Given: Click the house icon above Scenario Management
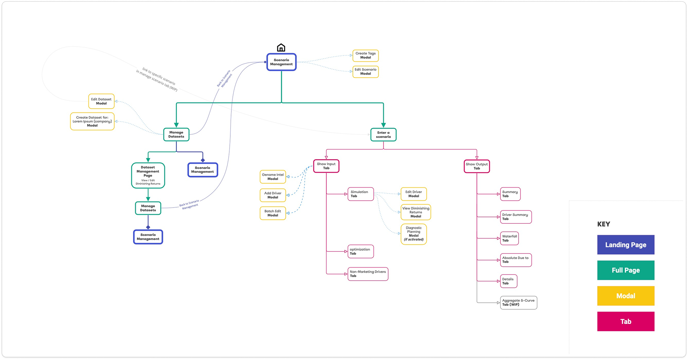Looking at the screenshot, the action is click(x=281, y=48).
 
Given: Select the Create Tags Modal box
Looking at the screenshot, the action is click(x=366, y=56).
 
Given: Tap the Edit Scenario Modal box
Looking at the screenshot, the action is click(x=366, y=72).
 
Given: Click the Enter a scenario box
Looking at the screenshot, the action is click(x=383, y=134).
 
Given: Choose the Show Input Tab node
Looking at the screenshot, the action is click(x=326, y=166).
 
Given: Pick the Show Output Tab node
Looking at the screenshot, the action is click(x=477, y=166).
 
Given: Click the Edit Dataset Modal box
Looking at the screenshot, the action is click(x=101, y=101).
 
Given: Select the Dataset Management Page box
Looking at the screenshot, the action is click(x=148, y=176).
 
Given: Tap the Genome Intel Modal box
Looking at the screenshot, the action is click(x=273, y=177).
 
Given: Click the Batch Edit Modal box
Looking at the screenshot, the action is click(x=273, y=213).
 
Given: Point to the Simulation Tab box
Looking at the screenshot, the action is click(x=361, y=194).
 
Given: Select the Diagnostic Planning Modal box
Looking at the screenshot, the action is click(x=414, y=234).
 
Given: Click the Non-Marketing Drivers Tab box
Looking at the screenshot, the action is click(x=368, y=274).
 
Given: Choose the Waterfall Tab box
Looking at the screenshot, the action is click(x=509, y=238).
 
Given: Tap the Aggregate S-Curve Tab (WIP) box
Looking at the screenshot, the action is click(x=519, y=303).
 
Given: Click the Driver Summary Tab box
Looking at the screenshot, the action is click(x=516, y=217).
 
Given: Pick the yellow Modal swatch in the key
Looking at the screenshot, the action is click(x=626, y=296).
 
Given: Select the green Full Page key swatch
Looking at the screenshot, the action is click(x=626, y=270).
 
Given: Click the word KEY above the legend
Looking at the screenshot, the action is click(x=604, y=224).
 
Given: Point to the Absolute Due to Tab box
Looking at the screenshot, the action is click(x=516, y=260).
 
